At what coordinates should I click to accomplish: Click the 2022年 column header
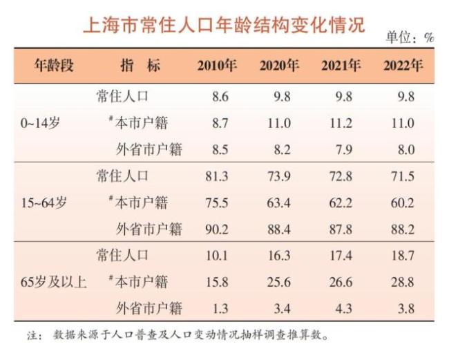pyautogui.click(x=403, y=66)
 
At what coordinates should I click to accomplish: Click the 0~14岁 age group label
pyautogui.click(x=41, y=124)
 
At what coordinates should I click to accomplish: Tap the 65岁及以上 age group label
pyautogui.click(x=54, y=282)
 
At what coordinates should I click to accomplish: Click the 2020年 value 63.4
pyautogui.click(x=279, y=203)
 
